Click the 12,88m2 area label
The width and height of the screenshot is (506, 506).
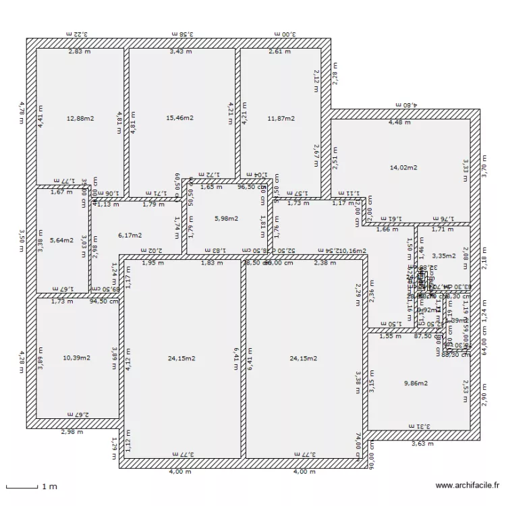pyautogui.click(x=80, y=119)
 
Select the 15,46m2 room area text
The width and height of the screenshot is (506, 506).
pyautogui.click(x=180, y=118)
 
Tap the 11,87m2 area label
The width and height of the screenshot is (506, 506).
pyautogui.click(x=281, y=119)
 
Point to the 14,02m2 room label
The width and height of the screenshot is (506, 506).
pyautogui.click(x=403, y=167)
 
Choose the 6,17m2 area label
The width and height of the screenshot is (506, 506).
pyautogui.click(x=130, y=235)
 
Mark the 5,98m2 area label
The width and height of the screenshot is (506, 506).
pyautogui.click(x=226, y=219)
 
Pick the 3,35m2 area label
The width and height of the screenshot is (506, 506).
pyautogui.click(x=444, y=256)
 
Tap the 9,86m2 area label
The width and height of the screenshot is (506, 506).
pyautogui.click(x=416, y=383)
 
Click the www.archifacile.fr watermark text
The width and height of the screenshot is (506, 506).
pyautogui.click(x=468, y=485)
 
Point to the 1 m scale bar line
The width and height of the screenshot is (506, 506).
pyautogui.click(x=21, y=486)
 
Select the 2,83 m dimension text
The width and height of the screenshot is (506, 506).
pyautogui.click(x=79, y=51)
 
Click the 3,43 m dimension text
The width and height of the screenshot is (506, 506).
pyautogui.click(x=180, y=51)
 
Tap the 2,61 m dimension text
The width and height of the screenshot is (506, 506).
pyautogui.click(x=279, y=51)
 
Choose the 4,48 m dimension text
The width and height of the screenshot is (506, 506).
pyautogui.click(x=399, y=123)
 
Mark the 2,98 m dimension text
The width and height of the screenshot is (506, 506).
pyautogui.click(x=72, y=432)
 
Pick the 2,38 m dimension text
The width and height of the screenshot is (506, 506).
pyautogui.click(x=325, y=263)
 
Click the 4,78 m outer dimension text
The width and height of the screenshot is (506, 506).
pyautogui.click(x=22, y=113)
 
